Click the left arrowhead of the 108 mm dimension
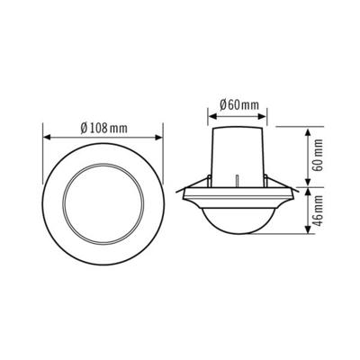[x=46, y=138]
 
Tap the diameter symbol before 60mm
[x=221, y=105]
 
